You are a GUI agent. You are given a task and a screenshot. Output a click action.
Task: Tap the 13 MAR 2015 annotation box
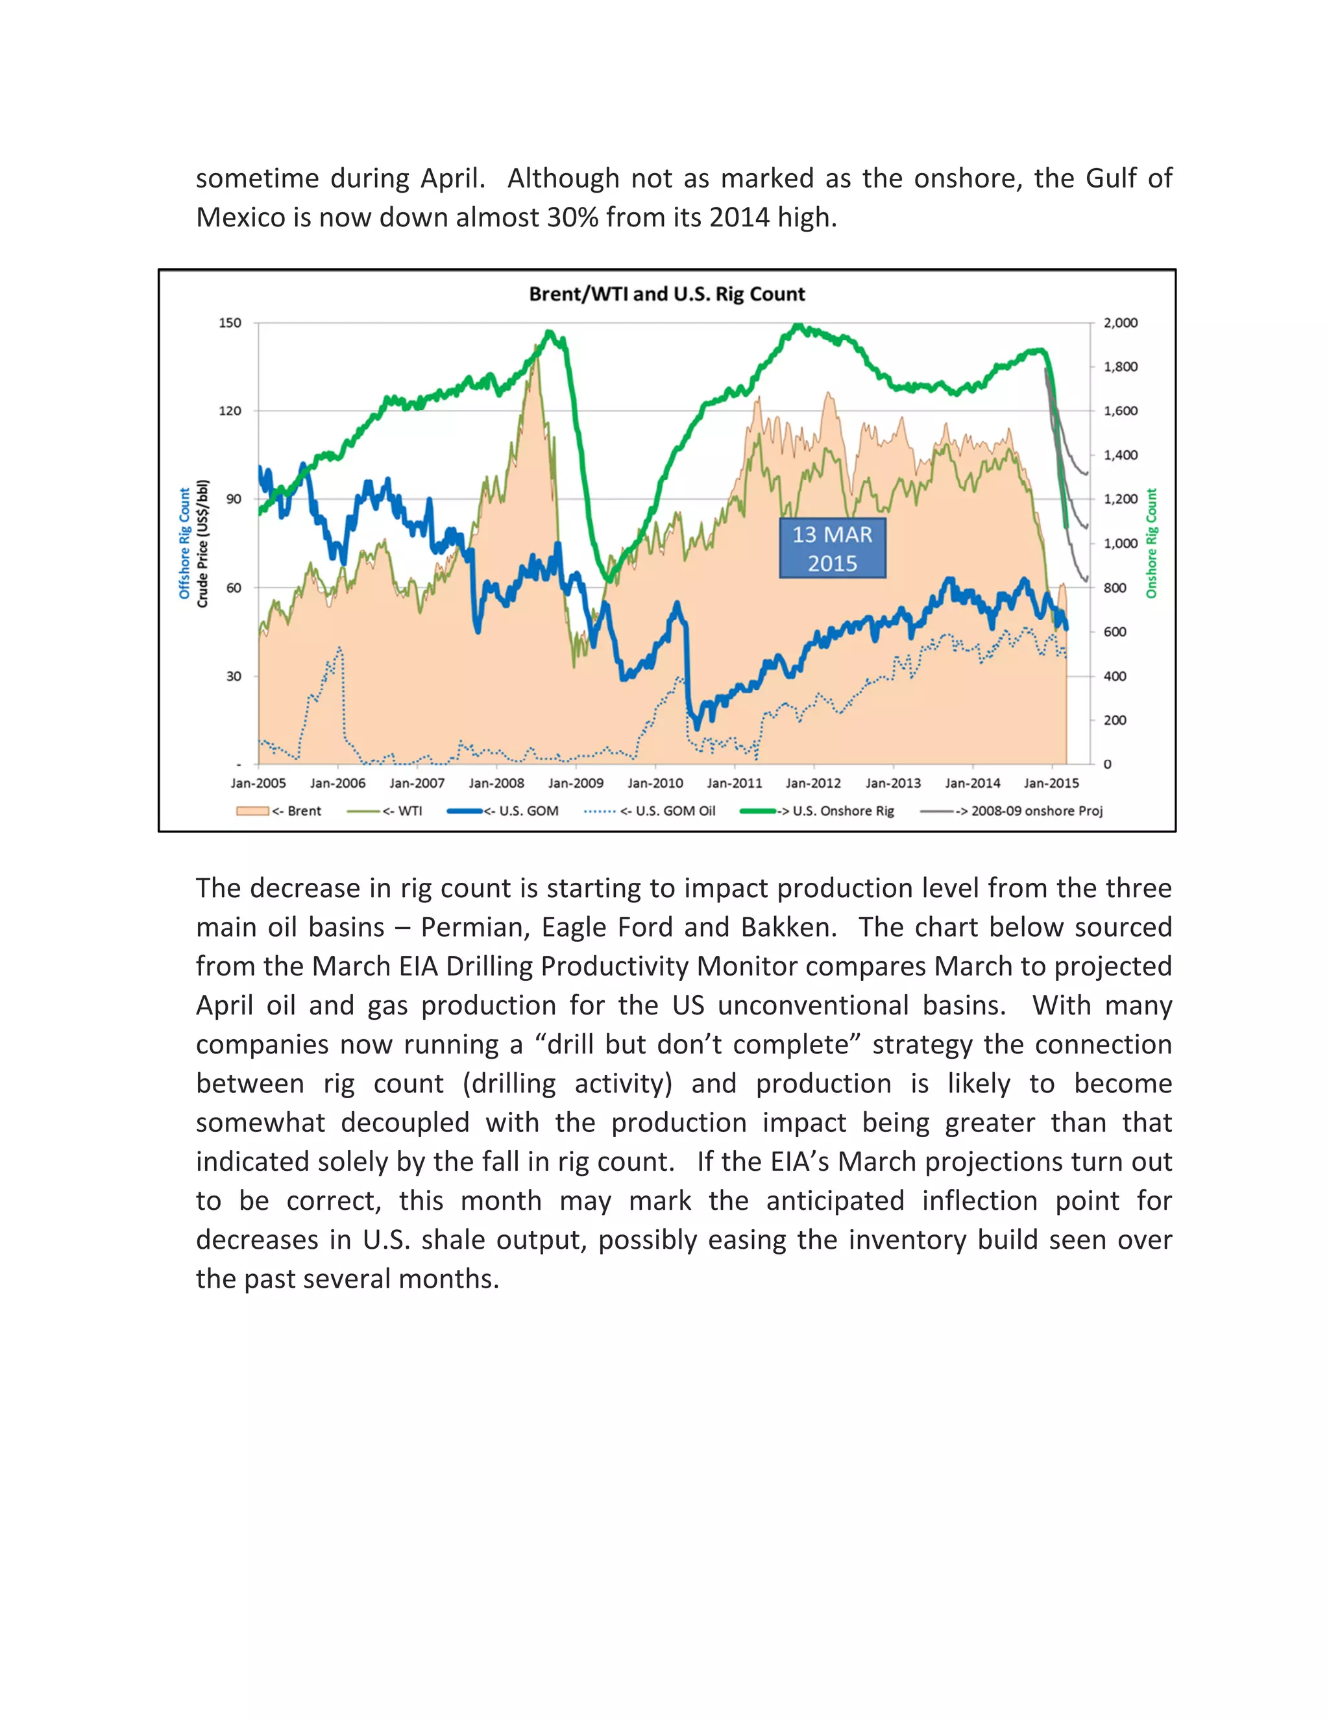832,549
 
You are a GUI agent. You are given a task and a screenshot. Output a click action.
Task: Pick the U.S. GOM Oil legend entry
650,811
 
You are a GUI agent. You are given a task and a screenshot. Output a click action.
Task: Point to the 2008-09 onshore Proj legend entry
1012,811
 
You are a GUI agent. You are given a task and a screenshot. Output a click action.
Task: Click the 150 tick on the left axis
230,322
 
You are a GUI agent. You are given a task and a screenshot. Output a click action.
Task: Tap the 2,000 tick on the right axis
1120,322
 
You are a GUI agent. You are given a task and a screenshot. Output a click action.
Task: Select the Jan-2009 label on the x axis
576,783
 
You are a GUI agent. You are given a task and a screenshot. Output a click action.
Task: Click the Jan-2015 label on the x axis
1051,783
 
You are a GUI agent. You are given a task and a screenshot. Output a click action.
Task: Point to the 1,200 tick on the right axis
1120,499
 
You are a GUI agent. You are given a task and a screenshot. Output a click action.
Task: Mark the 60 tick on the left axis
233,587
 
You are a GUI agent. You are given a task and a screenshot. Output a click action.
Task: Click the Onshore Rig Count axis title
1151,543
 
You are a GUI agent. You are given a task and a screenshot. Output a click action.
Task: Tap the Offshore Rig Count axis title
184,543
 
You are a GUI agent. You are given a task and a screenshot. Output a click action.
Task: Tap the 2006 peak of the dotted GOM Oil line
339,649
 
